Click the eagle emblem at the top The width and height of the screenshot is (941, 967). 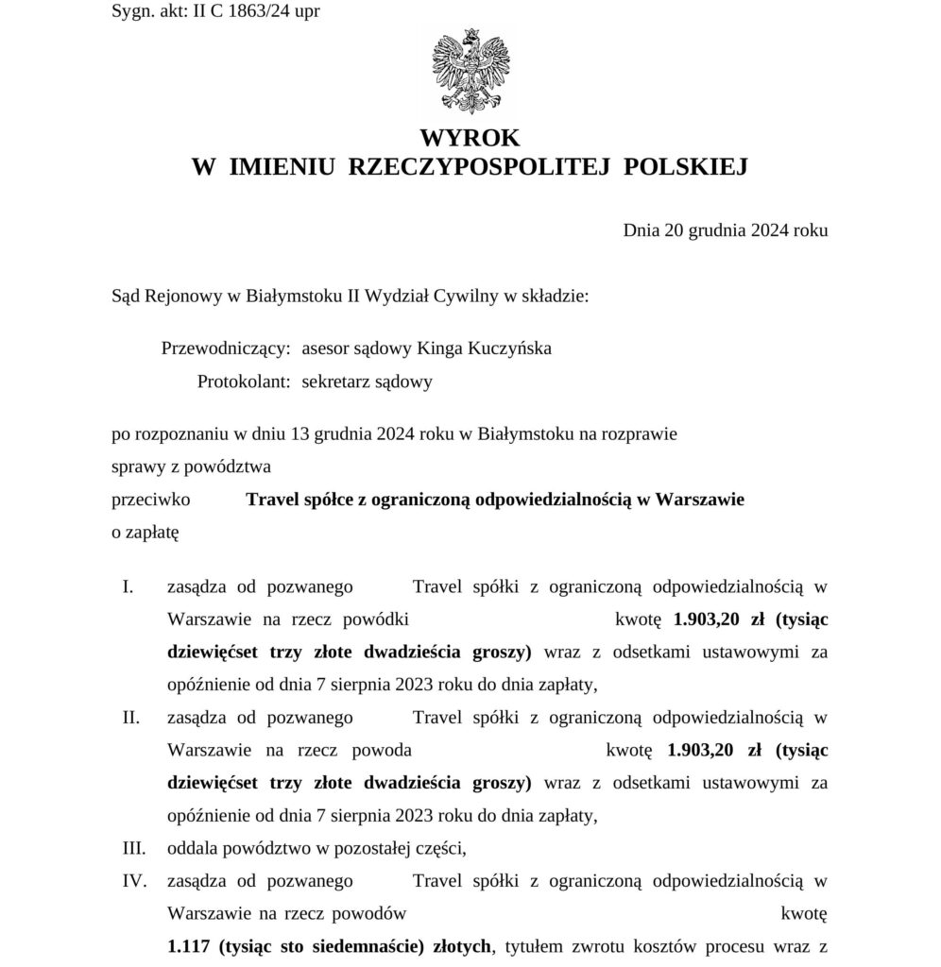point(470,71)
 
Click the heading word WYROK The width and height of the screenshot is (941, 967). point(470,138)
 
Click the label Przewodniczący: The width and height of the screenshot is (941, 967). point(226,348)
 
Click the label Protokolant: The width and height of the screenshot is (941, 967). point(244,382)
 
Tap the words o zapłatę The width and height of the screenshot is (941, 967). point(145,533)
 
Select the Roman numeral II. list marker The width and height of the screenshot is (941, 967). point(131,718)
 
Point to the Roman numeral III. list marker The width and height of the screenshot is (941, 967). point(134,849)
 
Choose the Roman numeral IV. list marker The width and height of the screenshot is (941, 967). point(135,881)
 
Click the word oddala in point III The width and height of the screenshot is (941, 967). point(192,849)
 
